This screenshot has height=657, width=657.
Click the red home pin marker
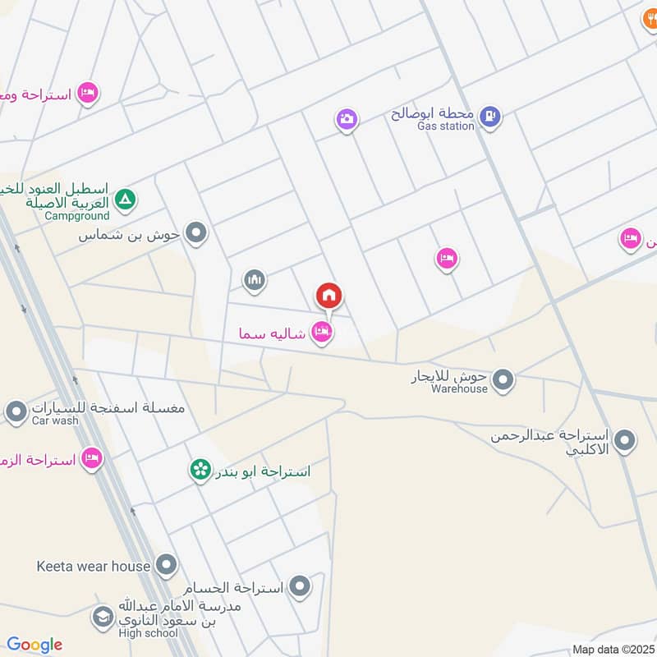click(328, 295)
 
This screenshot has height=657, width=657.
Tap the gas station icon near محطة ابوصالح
click(490, 117)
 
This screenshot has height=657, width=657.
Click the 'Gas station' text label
click(446, 126)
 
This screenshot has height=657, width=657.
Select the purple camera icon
click(347, 120)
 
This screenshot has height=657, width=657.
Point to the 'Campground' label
click(77, 216)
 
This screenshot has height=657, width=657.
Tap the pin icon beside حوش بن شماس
click(195, 234)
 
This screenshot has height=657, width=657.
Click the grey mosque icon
click(255, 282)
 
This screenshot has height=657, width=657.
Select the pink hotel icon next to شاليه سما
click(322, 333)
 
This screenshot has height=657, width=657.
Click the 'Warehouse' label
click(460, 388)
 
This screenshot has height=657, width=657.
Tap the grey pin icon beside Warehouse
click(503, 380)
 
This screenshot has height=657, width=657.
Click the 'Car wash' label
click(56, 420)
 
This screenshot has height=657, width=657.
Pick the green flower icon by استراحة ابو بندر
click(199, 471)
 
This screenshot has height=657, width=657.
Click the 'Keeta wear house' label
click(94, 566)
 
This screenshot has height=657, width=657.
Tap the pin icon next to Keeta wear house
click(167, 565)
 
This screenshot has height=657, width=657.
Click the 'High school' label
click(147, 632)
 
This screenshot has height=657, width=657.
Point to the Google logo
click(34, 645)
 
